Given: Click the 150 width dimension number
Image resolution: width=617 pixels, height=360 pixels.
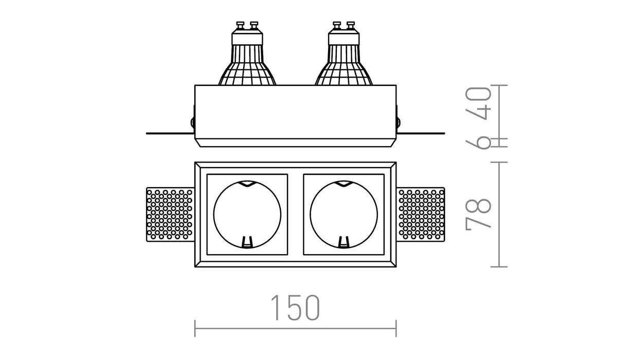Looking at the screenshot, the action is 295,308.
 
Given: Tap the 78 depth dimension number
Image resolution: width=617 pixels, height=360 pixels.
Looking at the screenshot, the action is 479,213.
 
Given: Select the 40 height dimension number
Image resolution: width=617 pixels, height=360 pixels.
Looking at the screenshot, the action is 479,103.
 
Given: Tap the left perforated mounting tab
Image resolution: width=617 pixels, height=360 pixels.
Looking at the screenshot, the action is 170,214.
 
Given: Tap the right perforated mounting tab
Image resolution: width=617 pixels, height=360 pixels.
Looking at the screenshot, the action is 421,214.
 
